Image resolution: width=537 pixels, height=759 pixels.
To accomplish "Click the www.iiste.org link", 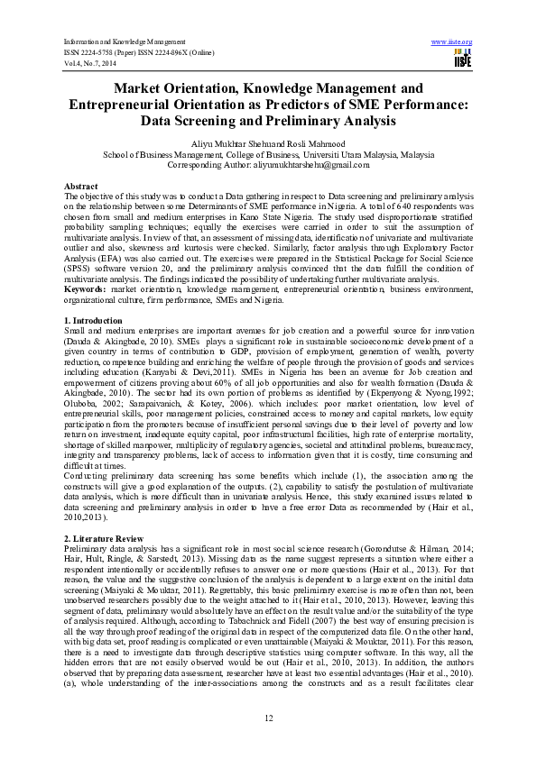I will [452, 42].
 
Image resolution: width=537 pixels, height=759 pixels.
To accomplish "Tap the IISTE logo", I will [462, 59].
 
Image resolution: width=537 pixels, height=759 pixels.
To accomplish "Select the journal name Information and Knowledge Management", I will [125, 42].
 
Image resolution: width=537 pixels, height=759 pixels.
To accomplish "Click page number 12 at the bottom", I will [268, 717].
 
